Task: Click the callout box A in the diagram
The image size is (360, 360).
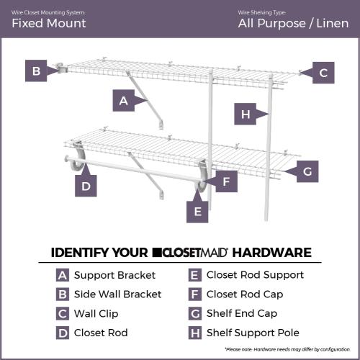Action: coord(123,101)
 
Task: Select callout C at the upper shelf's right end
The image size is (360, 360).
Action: coord(323,72)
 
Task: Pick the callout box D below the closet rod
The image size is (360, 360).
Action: coord(86,186)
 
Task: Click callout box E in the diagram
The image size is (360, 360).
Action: coord(198,211)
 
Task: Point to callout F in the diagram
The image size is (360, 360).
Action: coord(225,181)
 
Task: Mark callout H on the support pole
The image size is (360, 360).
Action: coord(246,114)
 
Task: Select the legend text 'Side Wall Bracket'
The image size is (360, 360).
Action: coord(117,294)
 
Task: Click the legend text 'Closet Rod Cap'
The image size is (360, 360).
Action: coord(245,294)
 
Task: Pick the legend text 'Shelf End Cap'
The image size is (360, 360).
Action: coord(242,313)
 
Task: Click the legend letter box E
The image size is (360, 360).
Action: coord(194,275)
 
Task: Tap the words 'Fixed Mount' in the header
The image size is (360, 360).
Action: coord(48,23)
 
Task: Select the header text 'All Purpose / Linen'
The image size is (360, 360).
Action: coord(292,23)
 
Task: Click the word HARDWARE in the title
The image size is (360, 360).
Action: coord(271,253)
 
